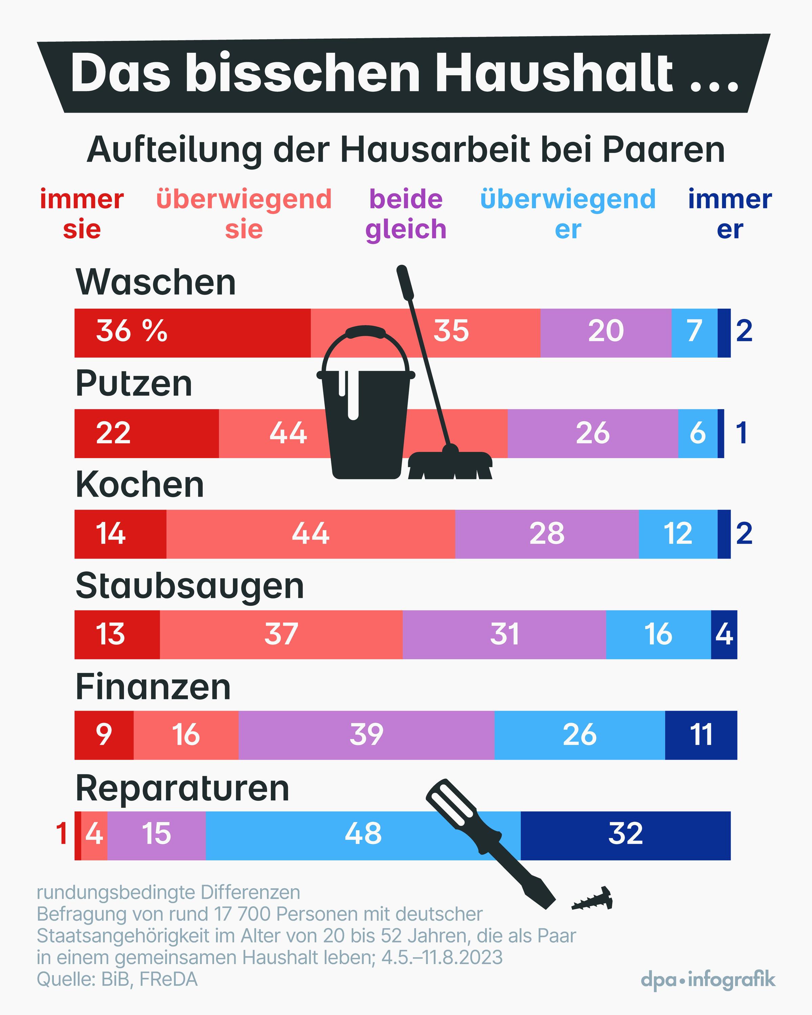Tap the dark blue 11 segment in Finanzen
point(701,735)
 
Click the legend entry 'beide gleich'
point(405,214)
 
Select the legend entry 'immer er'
point(729,214)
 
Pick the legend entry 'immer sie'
point(82,214)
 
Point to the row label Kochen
point(139,486)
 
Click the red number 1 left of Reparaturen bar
point(62,834)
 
